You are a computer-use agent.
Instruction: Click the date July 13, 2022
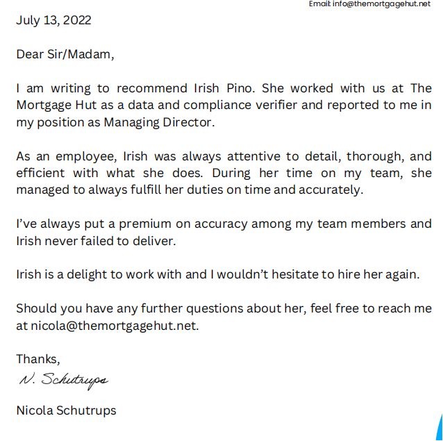pos(53,20)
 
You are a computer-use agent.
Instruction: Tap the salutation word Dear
pos(30,54)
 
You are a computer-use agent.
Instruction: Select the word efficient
pos(42,173)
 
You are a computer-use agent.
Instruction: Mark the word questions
pos(221,308)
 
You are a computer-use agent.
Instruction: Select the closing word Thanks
pos(38,359)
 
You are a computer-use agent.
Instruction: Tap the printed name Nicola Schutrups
pos(66,410)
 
